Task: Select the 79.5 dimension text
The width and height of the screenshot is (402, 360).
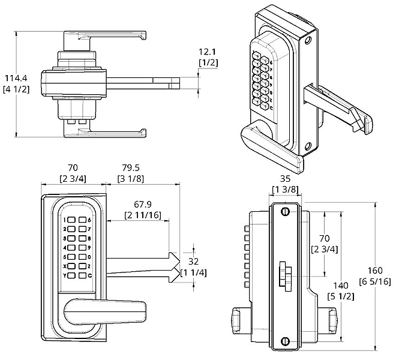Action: [x=131, y=169]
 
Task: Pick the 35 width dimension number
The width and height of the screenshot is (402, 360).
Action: [x=286, y=179]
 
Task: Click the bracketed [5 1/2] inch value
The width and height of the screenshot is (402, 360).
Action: [x=338, y=296]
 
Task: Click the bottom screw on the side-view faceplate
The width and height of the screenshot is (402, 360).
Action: [x=285, y=342]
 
